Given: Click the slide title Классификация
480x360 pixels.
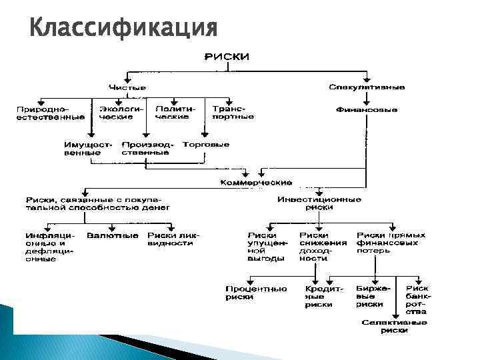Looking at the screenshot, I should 124,28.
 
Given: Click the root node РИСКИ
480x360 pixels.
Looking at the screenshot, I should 227,57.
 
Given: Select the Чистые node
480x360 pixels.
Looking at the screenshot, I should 128,87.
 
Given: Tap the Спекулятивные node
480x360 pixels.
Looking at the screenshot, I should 367,87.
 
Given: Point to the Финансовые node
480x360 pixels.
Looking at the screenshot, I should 367,109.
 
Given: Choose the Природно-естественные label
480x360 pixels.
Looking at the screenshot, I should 51,113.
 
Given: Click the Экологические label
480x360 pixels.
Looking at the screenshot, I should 121,113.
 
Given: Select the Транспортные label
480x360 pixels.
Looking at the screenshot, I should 233,113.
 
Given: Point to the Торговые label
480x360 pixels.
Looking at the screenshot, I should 206,144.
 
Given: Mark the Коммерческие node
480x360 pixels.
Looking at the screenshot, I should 256,182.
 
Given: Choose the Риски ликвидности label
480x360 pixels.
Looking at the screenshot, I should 173,239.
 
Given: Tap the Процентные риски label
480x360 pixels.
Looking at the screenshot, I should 256,293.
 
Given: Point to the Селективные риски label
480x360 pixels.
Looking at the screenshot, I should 395,326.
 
